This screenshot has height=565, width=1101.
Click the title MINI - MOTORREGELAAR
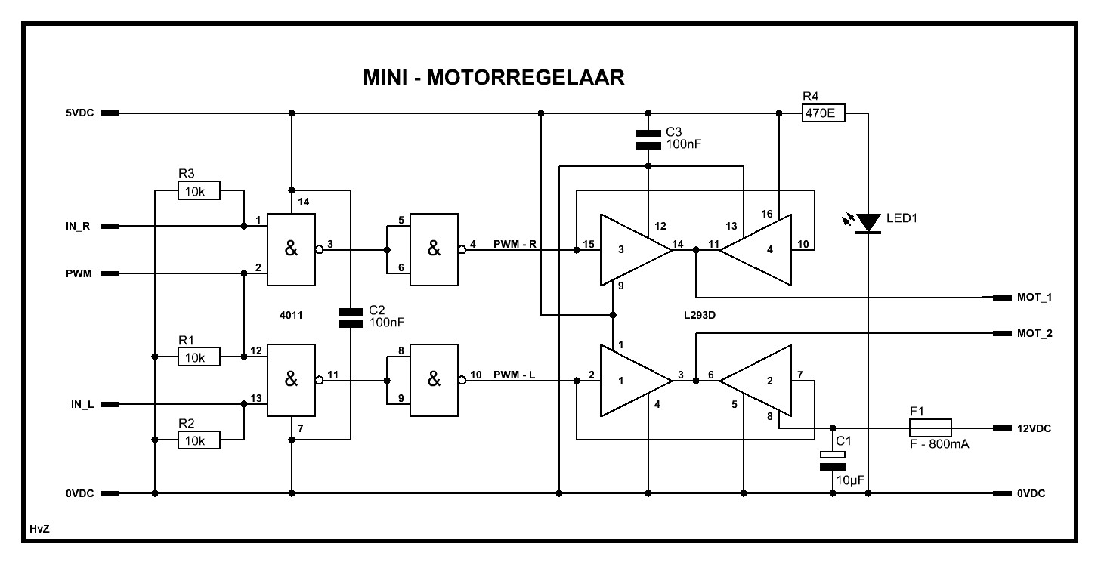pos(493,78)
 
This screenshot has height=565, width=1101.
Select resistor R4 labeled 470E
pos(823,113)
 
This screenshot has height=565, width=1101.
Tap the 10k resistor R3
pos(199,190)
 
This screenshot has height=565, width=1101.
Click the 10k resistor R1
pos(199,357)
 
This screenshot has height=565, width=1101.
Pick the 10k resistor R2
pos(199,440)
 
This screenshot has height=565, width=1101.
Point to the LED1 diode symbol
pos(868,223)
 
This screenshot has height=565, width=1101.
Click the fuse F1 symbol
pos(930,428)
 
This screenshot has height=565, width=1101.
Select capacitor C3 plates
pos(648,140)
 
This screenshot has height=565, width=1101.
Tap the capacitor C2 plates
pos(351,317)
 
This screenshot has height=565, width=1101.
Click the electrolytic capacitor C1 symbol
pos(832,460)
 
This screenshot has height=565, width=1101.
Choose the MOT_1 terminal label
pos(1035,298)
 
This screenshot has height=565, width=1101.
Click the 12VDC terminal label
pos(1034,428)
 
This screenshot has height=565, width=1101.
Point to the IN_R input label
pos(78,227)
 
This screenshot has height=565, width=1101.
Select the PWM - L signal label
pos(514,375)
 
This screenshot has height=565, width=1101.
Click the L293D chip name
pos(700,316)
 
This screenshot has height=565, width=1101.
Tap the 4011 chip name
pos(290,316)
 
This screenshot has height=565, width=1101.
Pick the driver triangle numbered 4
pos(756,249)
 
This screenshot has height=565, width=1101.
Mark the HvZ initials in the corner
pos(39,529)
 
